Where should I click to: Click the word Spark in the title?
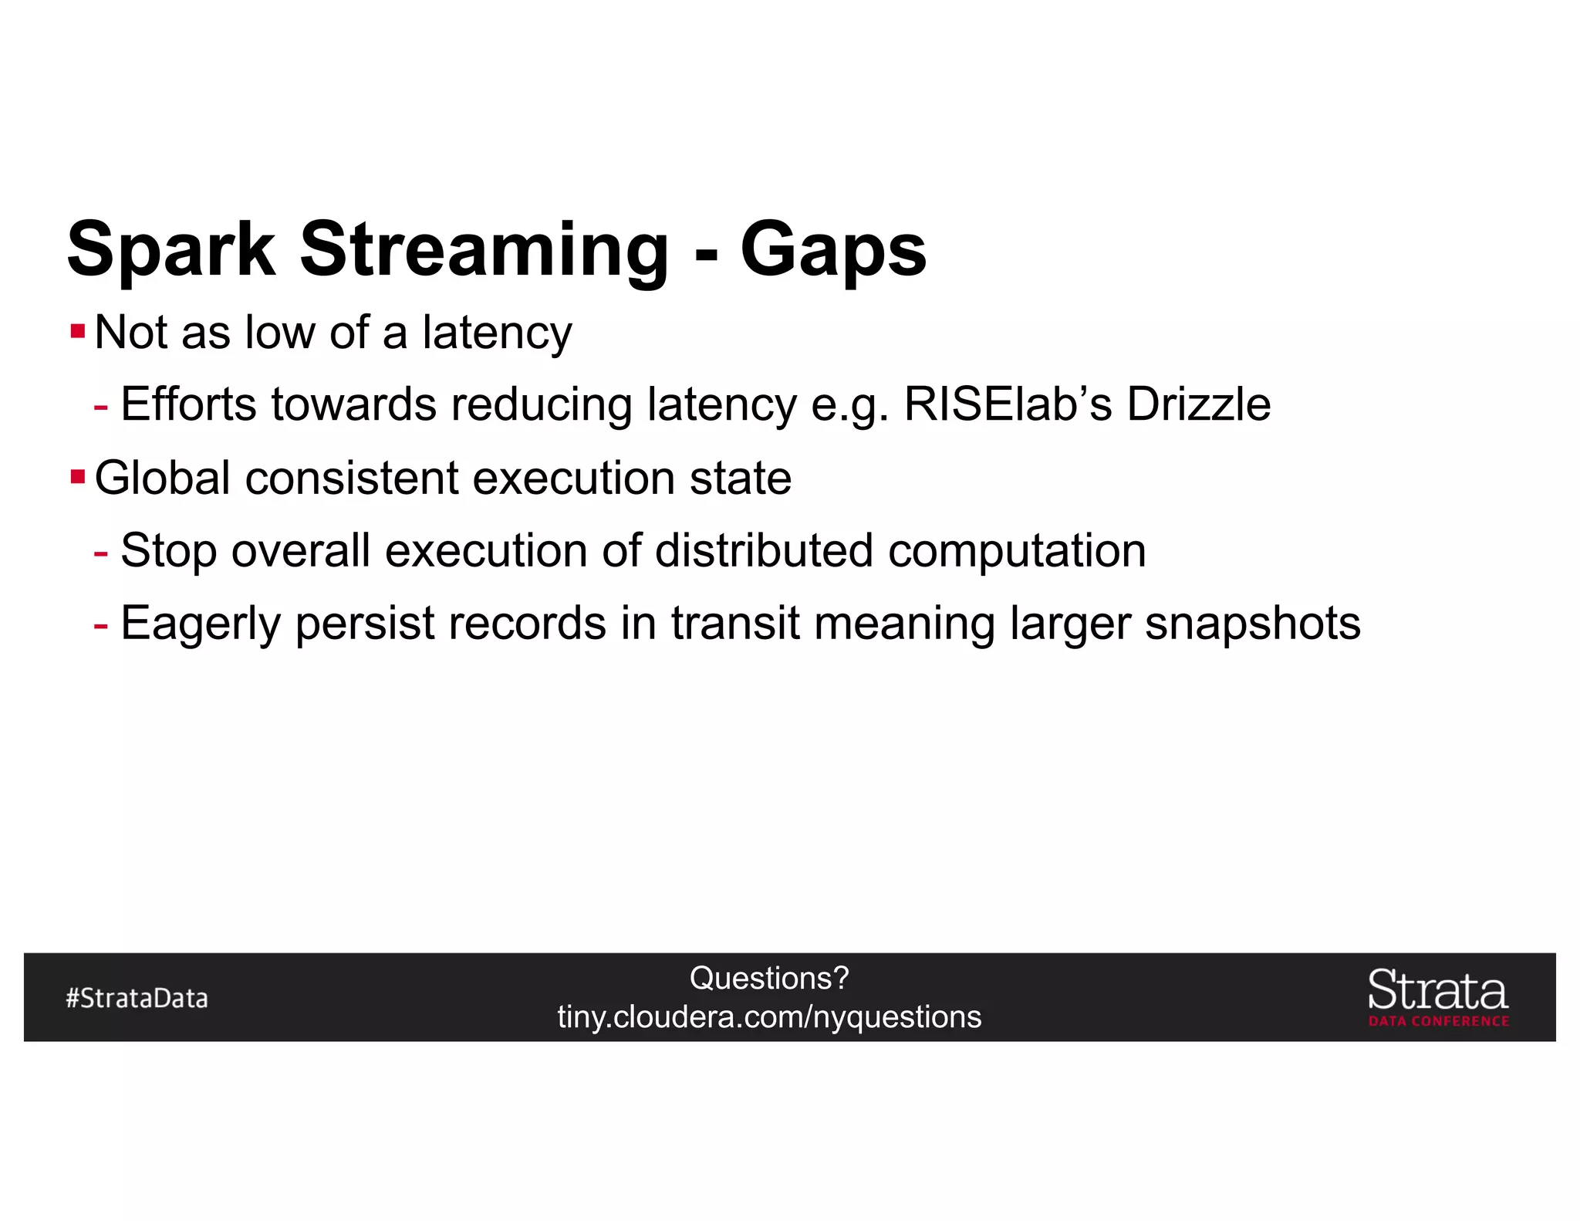pyautogui.click(x=170, y=250)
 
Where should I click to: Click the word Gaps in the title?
pyautogui.click(x=832, y=250)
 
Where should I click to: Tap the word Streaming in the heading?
pyautogui.click(x=484, y=250)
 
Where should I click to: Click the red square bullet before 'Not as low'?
pyautogui.click(x=77, y=333)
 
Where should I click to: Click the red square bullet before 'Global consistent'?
pyautogui.click(x=77, y=477)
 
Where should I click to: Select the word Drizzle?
pyautogui.click(x=1198, y=404)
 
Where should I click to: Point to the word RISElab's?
pyautogui.click(x=1008, y=404)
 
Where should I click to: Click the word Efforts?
pyautogui.click(x=188, y=404)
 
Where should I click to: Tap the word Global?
pyautogui.click(x=162, y=478)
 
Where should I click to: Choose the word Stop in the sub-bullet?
pyautogui.click(x=168, y=551)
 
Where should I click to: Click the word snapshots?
pyautogui.click(x=1252, y=624)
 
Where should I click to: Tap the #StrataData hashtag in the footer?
pyautogui.click(x=137, y=999)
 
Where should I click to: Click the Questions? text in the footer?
pyautogui.click(x=769, y=979)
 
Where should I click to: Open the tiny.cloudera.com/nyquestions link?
pyautogui.click(x=769, y=1017)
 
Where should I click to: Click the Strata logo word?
pyautogui.click(x=1437, y=991)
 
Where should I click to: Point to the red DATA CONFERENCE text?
pyautogui.click(x=1438, y=1021)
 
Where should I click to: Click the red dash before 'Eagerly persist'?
pyautogui.click(x=100, y=624)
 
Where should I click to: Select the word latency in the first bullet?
pyautogui.click(x=496, y=333)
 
